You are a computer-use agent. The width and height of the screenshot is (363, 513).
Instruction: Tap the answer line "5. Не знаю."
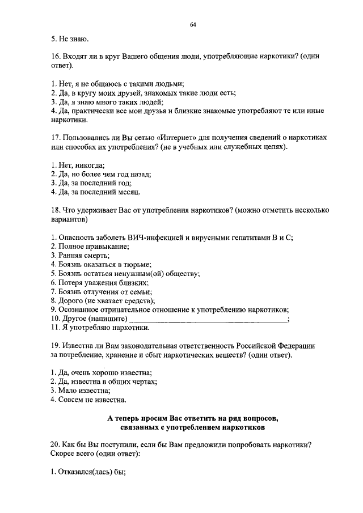coord(69,39)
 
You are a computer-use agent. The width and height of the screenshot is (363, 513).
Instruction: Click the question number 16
coord(55,57)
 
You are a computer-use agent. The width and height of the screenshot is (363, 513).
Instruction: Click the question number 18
coord(55,210)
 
